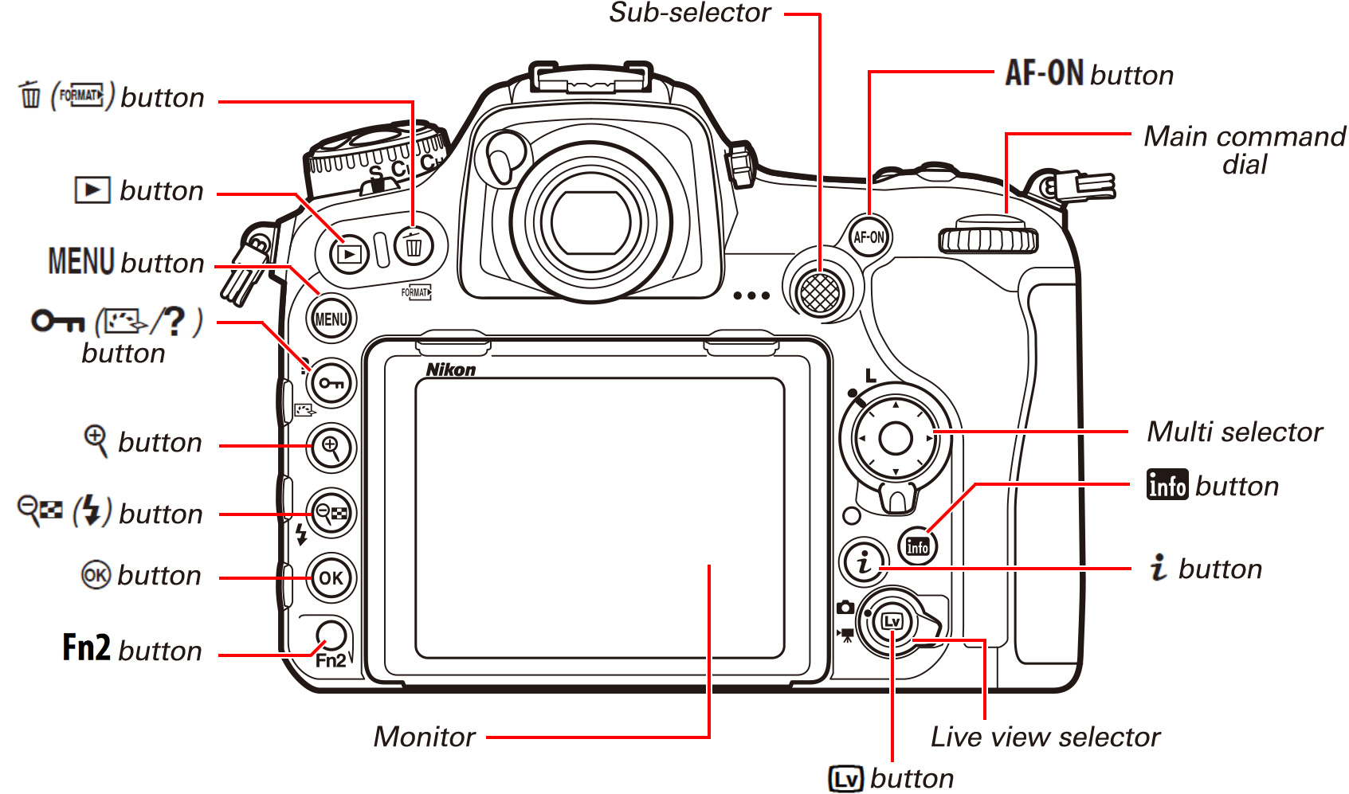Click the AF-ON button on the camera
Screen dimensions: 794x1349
[868, 237]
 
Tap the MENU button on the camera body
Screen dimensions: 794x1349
[331, 319]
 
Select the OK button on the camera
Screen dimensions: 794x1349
[331, 577]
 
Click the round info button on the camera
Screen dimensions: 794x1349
[917, 546]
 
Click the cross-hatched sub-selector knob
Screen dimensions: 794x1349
[820, 292]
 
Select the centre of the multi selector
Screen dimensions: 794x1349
[895, 438]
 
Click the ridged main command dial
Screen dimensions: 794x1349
[988, 238]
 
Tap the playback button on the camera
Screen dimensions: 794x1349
[349, 254]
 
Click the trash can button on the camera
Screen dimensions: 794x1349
[414, 246]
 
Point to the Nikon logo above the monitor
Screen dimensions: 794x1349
[450, 370]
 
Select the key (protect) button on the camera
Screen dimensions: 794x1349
[331, 383]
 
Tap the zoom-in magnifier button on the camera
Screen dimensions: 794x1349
[331, 448]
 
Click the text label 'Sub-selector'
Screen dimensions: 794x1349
[689, 13]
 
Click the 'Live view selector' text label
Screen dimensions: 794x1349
[1045, 737]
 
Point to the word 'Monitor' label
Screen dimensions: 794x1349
[424, 737]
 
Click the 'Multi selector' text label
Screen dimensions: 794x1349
[1233, 432]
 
